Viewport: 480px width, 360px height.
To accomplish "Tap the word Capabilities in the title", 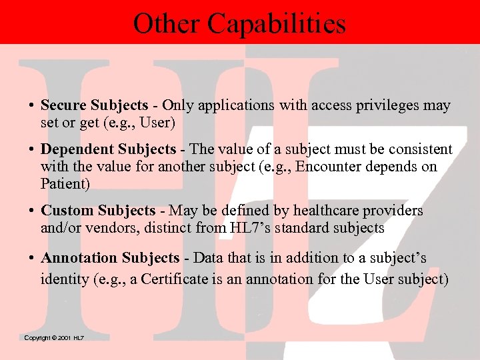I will [277, 24].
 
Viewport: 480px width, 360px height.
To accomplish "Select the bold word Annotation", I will [77, 257].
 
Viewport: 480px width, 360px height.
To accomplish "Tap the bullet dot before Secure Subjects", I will [31, 106].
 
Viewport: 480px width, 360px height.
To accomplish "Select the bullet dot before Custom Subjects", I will [31, 211].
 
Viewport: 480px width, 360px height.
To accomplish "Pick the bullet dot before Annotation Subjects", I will [31, 258].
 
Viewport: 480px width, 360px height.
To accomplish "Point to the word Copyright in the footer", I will [37, 339].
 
